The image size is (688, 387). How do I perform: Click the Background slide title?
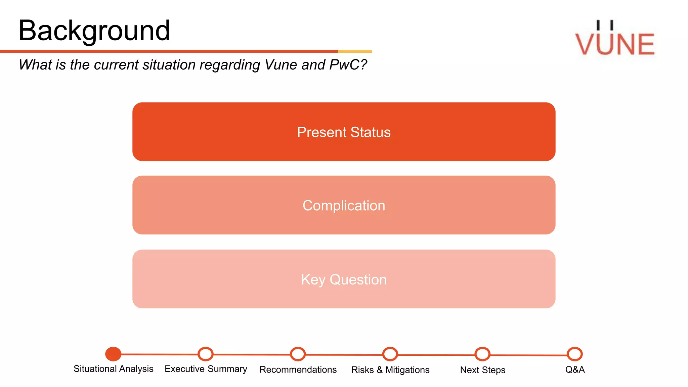point(94,31)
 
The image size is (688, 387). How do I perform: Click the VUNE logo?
point(615,40)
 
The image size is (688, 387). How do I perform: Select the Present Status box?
point(344,132)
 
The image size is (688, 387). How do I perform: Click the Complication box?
point(344,205)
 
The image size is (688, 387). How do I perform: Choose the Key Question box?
point(344,279)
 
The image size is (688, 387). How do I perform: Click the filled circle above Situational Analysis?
point(113,354)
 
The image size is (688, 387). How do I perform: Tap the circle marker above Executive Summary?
point(206,354)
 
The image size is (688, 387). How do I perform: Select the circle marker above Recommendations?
point(298,354)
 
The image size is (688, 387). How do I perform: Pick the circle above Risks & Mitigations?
point(390,354)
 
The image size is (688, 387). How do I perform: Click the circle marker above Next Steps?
point(482,354)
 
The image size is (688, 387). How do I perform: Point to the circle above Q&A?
point(575,354)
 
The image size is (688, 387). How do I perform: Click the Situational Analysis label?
point(113,369)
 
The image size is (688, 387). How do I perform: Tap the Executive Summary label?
point(206,369)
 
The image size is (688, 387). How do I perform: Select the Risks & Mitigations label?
point(390,370)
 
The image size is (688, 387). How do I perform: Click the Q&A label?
point(575,370)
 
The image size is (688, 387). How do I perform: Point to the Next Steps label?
point(482,370)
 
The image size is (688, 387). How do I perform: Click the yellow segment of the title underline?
point(355,51)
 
